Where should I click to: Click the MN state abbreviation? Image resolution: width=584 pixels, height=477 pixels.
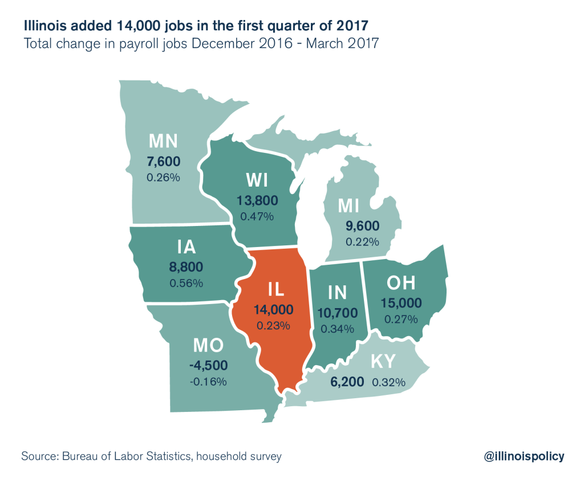pos(164,141)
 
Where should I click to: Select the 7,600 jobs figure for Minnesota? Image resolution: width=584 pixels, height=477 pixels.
pos(164,161)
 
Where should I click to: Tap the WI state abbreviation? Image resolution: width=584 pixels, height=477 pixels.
pos(257,180)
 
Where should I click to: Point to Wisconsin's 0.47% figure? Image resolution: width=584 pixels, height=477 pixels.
pos(257,217)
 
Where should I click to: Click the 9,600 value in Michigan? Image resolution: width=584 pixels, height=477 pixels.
pos(362,225)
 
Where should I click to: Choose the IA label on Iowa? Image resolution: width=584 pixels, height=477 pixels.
pos(186,246)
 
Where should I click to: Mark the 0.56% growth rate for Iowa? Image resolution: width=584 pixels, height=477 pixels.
pos(186,282)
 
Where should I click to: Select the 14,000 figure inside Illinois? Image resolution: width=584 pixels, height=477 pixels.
pos(274,309)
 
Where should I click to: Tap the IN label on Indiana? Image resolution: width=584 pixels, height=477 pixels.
pos(338,292)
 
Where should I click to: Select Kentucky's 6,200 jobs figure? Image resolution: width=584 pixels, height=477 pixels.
pos(347,382)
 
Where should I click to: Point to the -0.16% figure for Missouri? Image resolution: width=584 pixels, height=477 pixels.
pos(209,381)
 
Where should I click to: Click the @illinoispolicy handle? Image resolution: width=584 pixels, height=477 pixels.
pos(524,456)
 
